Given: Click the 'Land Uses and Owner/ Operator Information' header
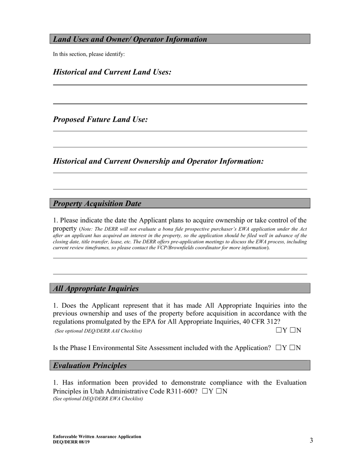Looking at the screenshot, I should click(x=130, y=39).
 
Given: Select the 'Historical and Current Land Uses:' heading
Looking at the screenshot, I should click(x=112, y=72).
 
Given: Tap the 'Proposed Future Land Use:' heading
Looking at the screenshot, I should click(x=100, y=120).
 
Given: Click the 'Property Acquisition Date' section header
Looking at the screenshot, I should click(x=97, y=203).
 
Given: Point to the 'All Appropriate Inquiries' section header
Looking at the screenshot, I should click(x=96, y=289).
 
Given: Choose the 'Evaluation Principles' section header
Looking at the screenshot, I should click(x=90, y=366).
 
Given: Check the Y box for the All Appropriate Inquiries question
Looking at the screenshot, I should click(x=279, y=330).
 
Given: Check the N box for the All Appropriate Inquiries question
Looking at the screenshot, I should click(x=293, y=330).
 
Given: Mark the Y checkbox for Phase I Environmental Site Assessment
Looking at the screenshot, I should click(x=279, y=348).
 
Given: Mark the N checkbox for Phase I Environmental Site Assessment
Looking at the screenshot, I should click(x=292, y=348).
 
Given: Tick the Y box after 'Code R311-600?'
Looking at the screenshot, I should click(x=205, y=391).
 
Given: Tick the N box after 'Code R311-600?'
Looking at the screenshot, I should click(x=219, y=391).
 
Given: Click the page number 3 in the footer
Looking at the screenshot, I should click(x=311, y=440).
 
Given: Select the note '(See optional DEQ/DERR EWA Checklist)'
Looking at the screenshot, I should click(x=98, y=399).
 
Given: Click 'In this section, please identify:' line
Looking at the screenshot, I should click(x=89, y=54).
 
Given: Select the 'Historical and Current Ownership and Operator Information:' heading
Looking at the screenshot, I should click(x=158, y=161).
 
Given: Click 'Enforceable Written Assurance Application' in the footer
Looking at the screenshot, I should click(x=97, y=436).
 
